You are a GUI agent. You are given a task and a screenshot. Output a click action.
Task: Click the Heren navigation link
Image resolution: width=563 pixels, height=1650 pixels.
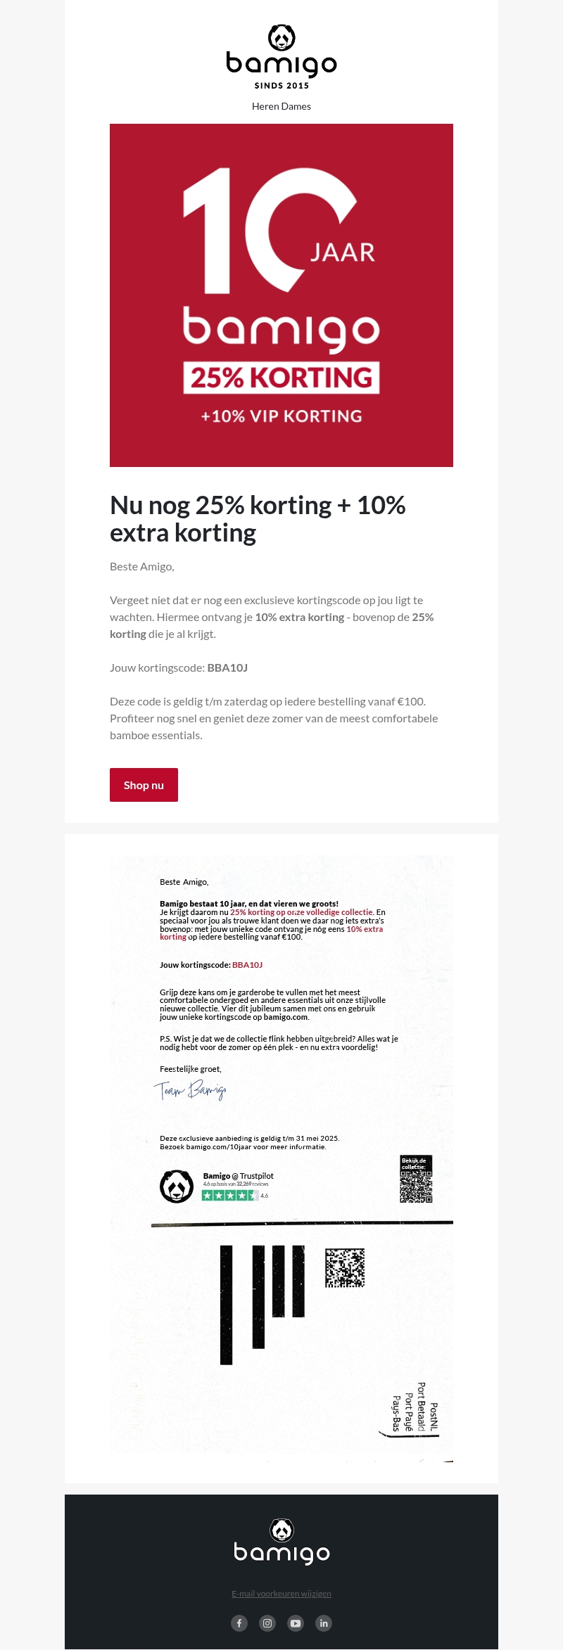265,106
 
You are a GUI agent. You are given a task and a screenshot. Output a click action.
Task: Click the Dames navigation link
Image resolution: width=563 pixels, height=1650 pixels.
296,106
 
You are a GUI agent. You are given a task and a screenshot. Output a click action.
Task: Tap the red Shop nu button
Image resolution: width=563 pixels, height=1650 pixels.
144,785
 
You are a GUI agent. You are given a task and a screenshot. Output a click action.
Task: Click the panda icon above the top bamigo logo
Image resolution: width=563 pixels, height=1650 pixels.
281,38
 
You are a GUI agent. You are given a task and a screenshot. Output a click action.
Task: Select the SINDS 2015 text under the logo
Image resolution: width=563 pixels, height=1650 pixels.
281,86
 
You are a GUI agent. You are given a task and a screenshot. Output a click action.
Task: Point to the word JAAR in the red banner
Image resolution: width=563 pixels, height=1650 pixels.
343,252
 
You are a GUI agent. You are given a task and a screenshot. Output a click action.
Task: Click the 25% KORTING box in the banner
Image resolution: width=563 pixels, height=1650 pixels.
281,378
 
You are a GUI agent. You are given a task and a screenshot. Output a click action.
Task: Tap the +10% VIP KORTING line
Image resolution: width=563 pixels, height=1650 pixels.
281,416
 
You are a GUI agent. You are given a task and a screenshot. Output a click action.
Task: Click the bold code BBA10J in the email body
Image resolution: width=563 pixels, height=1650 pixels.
227,667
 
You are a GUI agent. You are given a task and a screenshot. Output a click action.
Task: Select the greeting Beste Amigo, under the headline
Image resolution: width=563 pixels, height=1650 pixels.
142,566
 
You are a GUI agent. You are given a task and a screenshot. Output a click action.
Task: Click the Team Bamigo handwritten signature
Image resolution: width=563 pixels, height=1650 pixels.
190,1090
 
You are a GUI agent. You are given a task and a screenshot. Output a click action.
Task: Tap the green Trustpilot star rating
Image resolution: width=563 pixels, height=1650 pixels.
229,1195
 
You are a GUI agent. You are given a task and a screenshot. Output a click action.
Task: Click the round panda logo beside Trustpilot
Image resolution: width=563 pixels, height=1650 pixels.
177,1187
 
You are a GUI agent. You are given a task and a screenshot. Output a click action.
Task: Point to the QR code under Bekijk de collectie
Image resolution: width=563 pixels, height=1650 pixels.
416,1187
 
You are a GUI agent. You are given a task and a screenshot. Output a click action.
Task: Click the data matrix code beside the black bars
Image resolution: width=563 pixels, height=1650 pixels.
345,1267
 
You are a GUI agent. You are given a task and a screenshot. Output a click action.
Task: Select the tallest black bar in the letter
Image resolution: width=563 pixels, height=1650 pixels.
227,1305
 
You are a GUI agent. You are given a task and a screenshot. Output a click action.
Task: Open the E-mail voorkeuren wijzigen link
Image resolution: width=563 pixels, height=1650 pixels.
281,1593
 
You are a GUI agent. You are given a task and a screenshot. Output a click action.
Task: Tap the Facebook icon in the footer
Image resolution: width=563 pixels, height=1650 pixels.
239,1623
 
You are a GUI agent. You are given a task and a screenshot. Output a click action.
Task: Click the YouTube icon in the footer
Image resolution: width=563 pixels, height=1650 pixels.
296,1623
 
